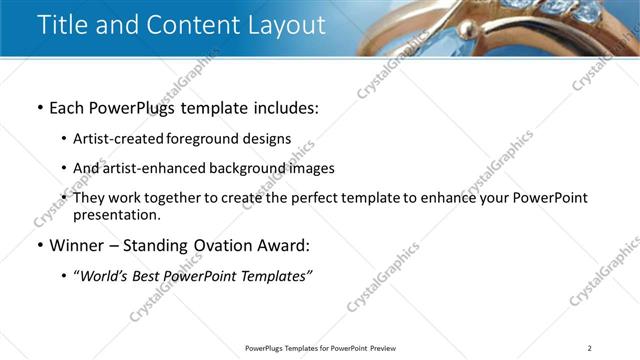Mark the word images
(x=311, y=168)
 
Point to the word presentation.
(x=116, y=214)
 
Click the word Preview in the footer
(x=383, y=348)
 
